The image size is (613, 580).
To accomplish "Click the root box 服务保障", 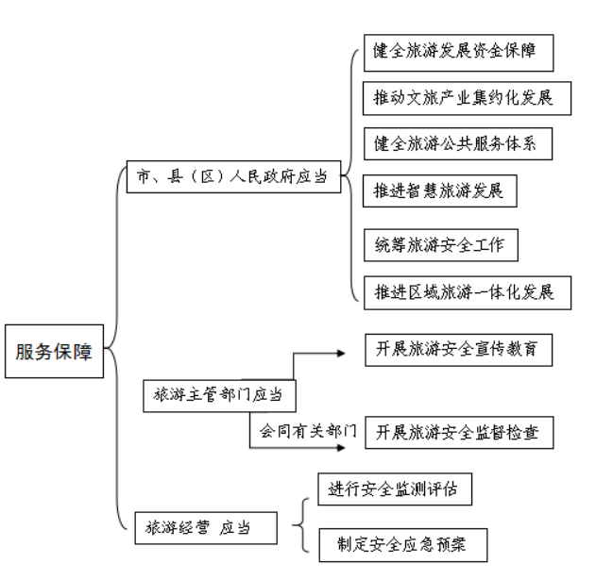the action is coord(55,351).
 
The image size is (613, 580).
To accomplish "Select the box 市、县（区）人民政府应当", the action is coord(234,176).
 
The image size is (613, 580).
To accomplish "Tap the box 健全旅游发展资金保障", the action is coord(459,53).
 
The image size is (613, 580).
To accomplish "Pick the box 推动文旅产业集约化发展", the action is coord(467,98).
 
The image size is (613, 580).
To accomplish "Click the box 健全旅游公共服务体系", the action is coord(458,143).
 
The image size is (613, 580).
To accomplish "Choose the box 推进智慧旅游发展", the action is coord(440,191).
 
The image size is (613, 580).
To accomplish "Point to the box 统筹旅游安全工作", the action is coord(441,245).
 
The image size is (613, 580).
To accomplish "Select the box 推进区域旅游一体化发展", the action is coord(468,292).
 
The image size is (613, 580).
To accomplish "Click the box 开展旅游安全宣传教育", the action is coord(459,350).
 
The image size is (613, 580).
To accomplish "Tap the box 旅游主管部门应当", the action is coord(219,396).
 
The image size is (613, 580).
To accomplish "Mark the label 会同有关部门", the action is coord(308,431).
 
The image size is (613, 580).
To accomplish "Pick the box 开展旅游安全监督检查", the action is coord(459,433).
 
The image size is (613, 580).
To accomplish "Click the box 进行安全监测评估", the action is coord(395,489).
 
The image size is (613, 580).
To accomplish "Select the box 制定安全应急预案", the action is coord(403,545).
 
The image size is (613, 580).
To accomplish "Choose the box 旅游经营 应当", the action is coord(206,528).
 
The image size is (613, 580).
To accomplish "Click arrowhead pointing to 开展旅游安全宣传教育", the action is coord(341,354).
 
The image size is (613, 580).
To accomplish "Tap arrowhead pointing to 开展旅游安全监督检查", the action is coord(341,447).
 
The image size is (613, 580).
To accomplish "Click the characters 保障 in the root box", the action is coord(73,352).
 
